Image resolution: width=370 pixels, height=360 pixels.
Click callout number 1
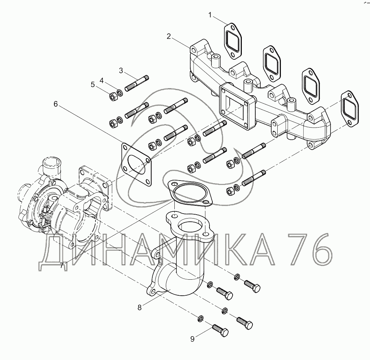(210, 15)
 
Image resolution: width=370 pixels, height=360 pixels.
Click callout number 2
(168, 36)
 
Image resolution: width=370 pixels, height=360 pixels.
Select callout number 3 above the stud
(121, 70)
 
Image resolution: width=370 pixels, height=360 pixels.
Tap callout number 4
(102, 81)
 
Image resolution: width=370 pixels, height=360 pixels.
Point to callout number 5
(93, 85)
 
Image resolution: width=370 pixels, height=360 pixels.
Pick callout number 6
(56, 104)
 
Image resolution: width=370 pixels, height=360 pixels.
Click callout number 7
(62, 265)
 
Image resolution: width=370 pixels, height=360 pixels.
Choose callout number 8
(140, 307)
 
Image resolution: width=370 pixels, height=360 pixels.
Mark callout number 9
(192, 339)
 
